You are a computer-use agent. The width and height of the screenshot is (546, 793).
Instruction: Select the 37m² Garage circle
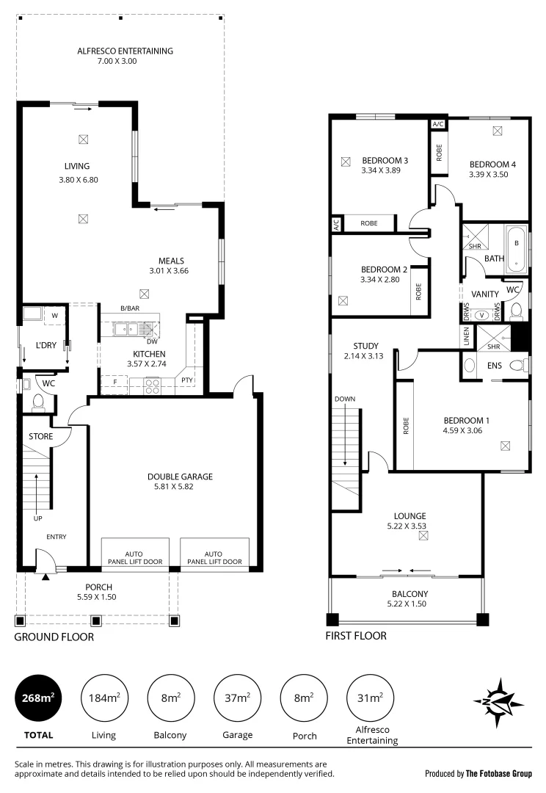click(x=237, y=698)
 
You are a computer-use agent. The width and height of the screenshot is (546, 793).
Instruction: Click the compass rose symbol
click(x=498, y=701)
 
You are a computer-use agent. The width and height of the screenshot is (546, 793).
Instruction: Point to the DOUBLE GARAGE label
click(x=179, y=477)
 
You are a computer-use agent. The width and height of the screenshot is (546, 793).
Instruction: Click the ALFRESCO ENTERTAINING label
click(x=125, y=51)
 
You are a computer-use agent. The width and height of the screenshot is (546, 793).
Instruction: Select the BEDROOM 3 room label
click(x=385, y=161)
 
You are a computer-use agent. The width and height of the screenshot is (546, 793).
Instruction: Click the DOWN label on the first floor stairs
click(x=344, y=399)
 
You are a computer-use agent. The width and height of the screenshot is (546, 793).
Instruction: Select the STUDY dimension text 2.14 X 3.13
click(x=365, y=356)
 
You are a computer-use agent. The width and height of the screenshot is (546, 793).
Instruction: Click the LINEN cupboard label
click(x=466, y=336)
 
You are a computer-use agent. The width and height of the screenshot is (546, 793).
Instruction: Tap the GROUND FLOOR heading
click(x=54, y=637)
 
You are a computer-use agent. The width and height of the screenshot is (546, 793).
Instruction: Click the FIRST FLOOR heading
click(x=356, y=636)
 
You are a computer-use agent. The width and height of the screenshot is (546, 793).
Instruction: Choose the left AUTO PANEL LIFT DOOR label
click(x=134, y=557)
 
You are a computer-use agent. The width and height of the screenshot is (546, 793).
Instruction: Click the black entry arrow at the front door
click(x=45, y=577)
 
